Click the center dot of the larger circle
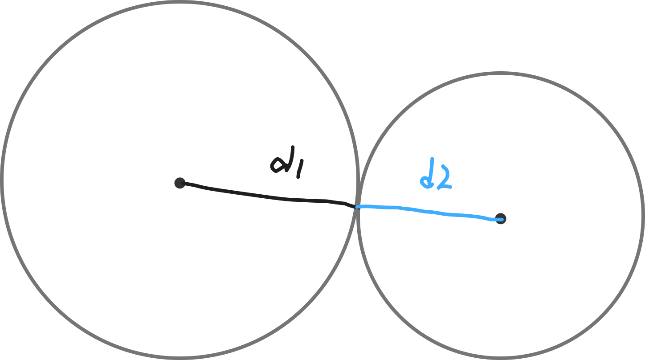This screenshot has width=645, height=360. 180,183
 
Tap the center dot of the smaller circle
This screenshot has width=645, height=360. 501,219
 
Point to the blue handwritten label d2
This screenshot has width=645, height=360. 435,175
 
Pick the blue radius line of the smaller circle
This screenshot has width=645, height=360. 428,212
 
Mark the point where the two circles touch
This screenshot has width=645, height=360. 358,207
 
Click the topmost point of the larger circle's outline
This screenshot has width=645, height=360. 180,3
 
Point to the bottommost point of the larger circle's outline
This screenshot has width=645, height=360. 180,358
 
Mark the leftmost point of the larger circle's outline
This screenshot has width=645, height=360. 2,180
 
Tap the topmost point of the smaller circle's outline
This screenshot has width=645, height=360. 501,74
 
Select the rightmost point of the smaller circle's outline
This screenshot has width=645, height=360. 643,216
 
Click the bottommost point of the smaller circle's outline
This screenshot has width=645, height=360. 501,358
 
